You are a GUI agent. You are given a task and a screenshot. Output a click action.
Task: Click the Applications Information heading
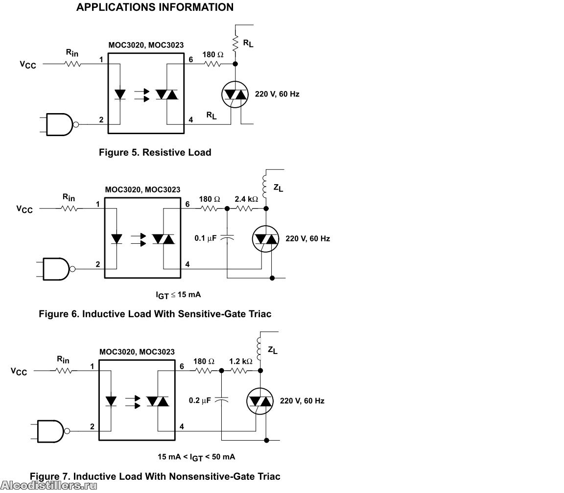coord(155,7)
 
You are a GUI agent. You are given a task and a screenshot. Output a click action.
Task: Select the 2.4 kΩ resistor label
coord(246,199)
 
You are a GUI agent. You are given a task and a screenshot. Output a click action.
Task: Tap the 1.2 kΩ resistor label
coord(241,361)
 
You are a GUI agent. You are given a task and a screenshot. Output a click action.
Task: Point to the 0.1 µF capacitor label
coord(206,238)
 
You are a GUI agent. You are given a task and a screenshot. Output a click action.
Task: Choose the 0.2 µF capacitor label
coord(200,400)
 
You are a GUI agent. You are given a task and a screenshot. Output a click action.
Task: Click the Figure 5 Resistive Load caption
coord(155,152)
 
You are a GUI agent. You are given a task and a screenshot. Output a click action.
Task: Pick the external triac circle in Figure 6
coord(266,239)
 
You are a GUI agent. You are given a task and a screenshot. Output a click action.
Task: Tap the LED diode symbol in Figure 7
coord(111,401)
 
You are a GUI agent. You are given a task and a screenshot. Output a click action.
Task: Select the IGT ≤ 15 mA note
coord(178,295)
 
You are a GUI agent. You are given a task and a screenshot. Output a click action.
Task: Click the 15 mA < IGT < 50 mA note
coord(196,457)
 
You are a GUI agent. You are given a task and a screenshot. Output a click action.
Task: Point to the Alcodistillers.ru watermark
coord(49,486)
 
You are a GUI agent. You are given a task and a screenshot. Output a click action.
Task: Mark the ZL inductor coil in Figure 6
coord(265,186)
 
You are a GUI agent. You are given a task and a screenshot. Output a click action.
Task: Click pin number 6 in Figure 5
coord(190,59)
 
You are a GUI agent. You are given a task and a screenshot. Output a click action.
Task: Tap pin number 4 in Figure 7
coord(182,426)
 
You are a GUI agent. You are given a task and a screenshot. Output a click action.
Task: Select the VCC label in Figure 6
coord(24,209)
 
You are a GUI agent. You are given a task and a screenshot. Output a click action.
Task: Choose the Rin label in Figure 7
coord(63,359)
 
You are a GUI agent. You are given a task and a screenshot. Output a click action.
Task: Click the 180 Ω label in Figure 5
coord(213,55)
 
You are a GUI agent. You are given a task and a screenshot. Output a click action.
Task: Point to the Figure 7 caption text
coord(155,476)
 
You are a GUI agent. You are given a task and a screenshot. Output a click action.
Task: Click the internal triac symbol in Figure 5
coord(167,94)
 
